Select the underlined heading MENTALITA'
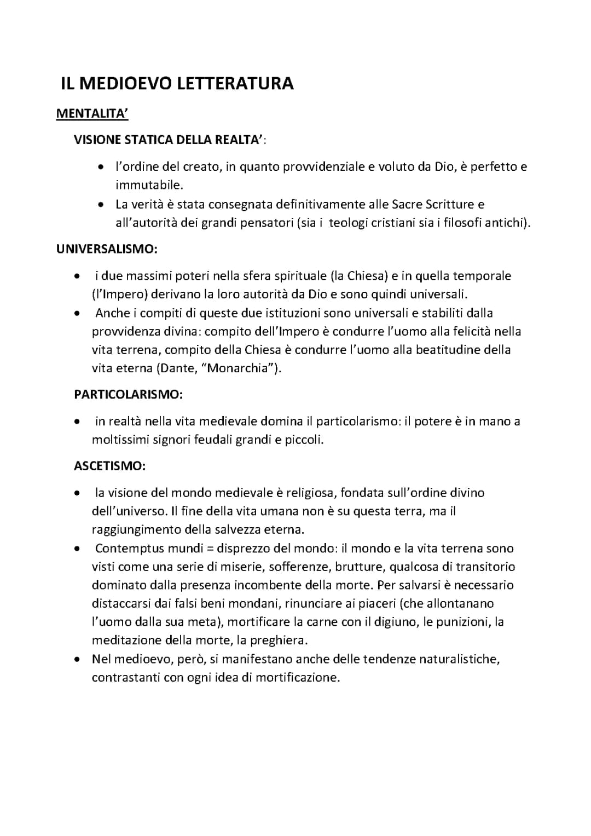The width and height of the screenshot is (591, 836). tap(92, 114)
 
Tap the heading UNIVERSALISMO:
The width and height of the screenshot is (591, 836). tap(107, 249)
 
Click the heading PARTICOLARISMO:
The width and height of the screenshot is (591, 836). tap(128, 394)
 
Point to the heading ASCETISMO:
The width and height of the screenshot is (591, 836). tap(109, 466)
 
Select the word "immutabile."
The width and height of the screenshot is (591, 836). tap(149, 185)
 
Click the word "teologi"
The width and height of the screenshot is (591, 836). tap(351, 223)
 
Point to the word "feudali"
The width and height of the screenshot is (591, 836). tap(213, 440)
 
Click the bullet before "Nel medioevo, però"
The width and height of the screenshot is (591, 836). tap(79, 659)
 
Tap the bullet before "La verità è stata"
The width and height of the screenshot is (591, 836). tap(101, 205)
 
